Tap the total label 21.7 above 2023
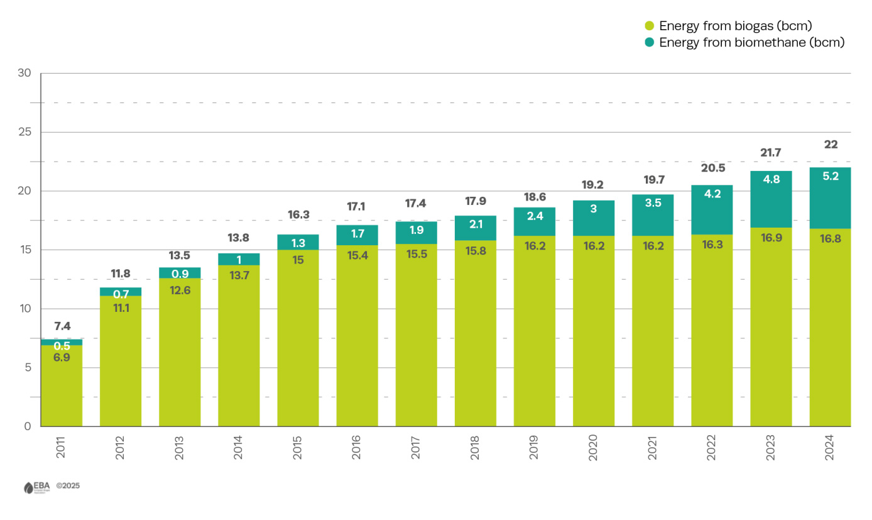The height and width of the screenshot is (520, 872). (771, 153)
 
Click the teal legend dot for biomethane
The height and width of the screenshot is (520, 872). (650, 43)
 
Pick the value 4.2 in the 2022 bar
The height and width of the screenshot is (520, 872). (712, 194)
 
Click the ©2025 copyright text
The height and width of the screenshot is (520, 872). (68, 486)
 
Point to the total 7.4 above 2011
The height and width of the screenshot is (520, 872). (62, 326)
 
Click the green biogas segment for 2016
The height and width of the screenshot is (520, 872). (357, 340)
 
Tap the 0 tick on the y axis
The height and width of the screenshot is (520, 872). (28, 426)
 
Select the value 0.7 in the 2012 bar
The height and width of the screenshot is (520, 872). (121, 294)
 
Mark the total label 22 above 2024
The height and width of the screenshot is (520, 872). (831, 145)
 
